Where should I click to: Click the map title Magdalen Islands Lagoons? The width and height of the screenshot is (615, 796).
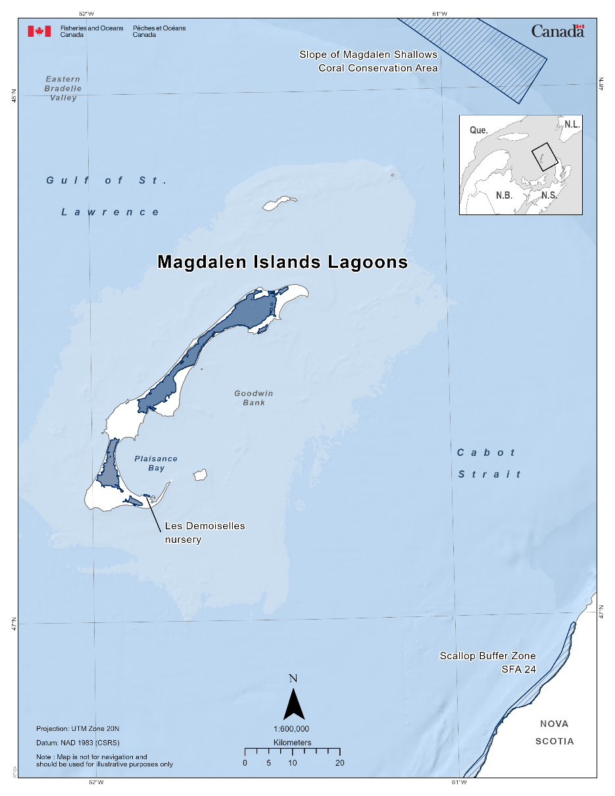(282, 262)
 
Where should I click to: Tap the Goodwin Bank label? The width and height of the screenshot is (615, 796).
(254, 398)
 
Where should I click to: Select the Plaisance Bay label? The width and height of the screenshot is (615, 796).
(156, 463)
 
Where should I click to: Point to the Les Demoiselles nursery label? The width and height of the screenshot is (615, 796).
(204, 533)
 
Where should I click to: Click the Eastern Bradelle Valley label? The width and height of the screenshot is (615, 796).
(63, 88)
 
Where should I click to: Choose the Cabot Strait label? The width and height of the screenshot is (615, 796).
(489, 463)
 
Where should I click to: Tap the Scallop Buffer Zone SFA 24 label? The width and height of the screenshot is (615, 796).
(487, 662)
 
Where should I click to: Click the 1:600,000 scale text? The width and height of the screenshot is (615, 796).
(291, 729)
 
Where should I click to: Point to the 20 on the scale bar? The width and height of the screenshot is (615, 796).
(339, 763)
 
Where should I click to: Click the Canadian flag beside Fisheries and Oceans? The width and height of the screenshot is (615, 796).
(39, 31)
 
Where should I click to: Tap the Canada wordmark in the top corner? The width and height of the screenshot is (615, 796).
(557, 30)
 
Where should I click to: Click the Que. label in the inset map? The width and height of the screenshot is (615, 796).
(479, 130)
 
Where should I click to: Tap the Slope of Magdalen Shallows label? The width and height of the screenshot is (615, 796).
(368, 55)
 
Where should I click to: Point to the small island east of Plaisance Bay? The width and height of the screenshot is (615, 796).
(200, 474)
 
